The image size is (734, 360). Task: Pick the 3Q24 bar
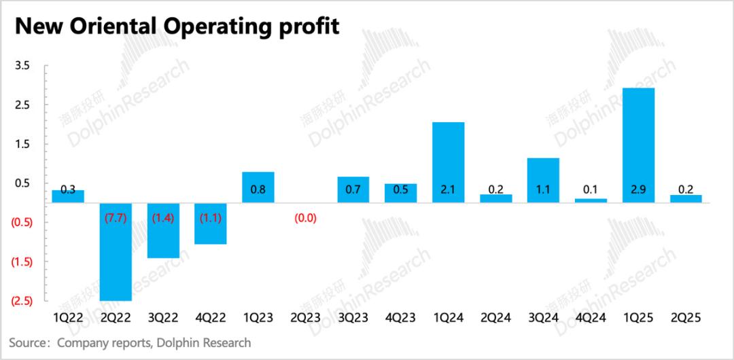543,180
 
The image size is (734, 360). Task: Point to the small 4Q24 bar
591,200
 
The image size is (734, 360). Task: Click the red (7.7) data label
116,219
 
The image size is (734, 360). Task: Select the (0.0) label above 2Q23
306,219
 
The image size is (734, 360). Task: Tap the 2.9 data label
638,190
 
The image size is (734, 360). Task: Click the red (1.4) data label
163,219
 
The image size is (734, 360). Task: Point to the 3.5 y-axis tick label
22,66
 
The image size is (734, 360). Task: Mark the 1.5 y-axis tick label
22,144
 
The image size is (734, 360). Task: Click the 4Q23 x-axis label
400,317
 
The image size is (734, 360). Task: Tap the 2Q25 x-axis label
686,317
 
